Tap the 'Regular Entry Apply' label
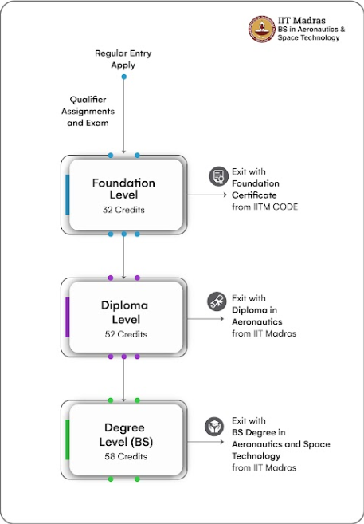123,58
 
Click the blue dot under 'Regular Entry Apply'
123,77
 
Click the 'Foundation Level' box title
123,189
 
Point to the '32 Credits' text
123,211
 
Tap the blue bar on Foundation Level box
68,195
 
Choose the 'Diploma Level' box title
123,312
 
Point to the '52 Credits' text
123,334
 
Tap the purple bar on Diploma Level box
68,317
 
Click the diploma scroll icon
216,300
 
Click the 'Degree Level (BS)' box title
123,435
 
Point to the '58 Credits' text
123,458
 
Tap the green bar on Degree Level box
68,439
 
